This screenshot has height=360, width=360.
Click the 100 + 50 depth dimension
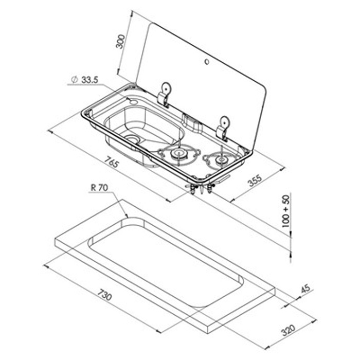pyautogui.click(x=286, y=211)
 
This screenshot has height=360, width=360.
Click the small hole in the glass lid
pyautogui.click(x=206, y=63)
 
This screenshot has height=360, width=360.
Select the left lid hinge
pyautogui.click(x=165, y=95)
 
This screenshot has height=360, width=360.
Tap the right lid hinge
pyautogui.click(x=223, y=127)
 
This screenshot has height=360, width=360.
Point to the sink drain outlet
pyautogui.click(x=133, y=139)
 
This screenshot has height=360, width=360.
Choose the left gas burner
pyautogui.click(x=178, y=153)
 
